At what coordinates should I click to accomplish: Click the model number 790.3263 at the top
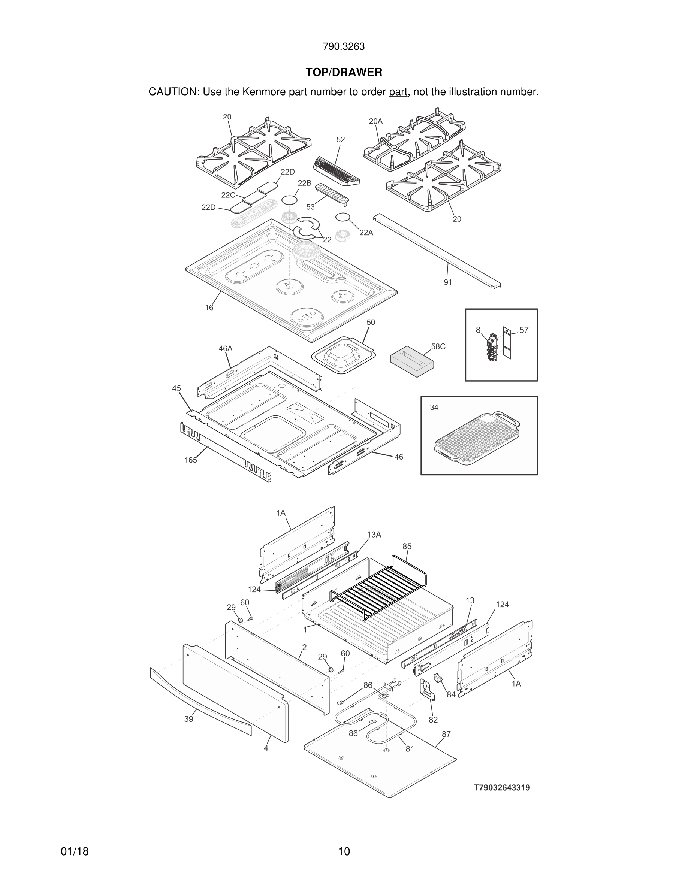pos(344,47)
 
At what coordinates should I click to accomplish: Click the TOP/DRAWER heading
pos(344,73)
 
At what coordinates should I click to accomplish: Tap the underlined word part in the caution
pos(398,92)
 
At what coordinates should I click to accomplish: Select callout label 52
pos(341,140)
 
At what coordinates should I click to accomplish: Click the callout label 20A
pos(376,121)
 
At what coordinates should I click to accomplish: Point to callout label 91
pos(448,282)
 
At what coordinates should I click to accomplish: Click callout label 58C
pos(438,347)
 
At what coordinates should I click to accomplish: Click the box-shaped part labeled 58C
pos(412,361)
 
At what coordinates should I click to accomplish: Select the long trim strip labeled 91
pos(436,251)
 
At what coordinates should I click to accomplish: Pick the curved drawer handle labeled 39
pos(200,701)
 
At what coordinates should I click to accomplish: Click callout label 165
pos(190,460)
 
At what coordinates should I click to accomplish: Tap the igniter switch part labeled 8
pos(492,346)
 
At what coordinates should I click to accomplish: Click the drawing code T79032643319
pos(502,788)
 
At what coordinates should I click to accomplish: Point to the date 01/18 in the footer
pos(75,852)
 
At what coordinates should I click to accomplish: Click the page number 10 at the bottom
pos(344,852)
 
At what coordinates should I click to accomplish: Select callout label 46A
pos(225,349)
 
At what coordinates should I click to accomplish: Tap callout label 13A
pos(374,535)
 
